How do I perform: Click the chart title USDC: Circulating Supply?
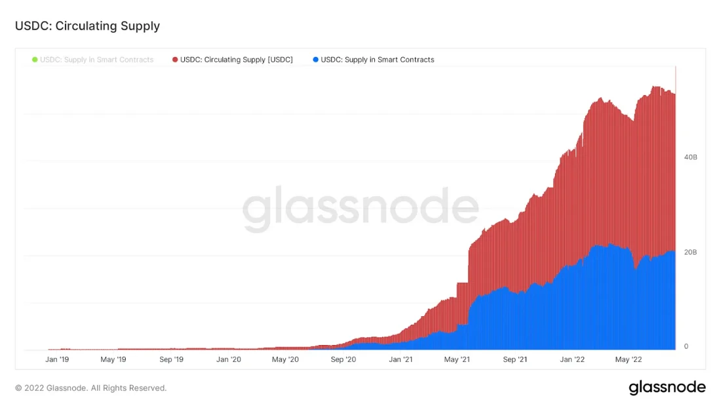[87, 26]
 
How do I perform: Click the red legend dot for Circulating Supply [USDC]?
[175, 60]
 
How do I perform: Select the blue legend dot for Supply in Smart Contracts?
[316, 60]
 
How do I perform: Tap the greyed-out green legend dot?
[35, 60]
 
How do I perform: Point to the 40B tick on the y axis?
[690, 157]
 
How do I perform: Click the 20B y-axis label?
[690, 253]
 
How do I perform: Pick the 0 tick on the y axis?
[686, 346]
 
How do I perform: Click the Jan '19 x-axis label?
[57, 359]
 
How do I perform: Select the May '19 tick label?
[113, 359]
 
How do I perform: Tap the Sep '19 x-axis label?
[171, 359]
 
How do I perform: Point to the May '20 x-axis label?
[285, 359]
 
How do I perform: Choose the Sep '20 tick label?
[343, 359]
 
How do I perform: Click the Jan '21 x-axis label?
[400, 359]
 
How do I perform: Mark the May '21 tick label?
[457, 359]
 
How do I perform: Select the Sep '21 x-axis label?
[515, 359]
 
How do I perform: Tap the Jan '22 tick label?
[572, 359]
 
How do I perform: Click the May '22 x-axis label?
[629, 359]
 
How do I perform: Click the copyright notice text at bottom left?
[90, 388]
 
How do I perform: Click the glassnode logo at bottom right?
[667, 388]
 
